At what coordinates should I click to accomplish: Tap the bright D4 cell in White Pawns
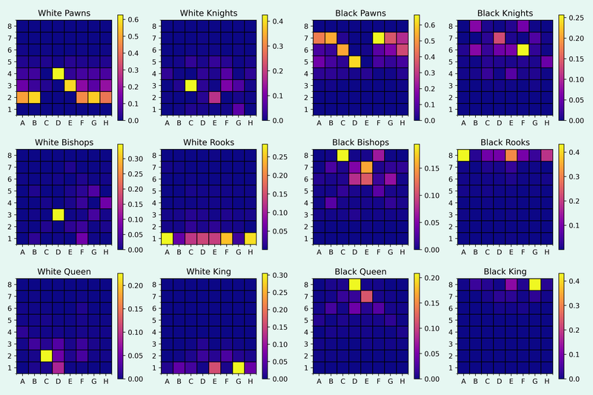pos(57,73)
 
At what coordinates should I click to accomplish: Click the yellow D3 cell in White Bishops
pos(57,215)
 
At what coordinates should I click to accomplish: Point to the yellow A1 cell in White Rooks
pos(167,238)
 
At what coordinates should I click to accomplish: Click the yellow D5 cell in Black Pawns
pos(354,62)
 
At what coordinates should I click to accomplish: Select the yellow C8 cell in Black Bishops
pos(342,155)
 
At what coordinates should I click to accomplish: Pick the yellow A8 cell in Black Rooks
pos(463,155)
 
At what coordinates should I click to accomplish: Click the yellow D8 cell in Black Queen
pos(354,284)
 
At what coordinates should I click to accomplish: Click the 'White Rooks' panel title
pos(209,142)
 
